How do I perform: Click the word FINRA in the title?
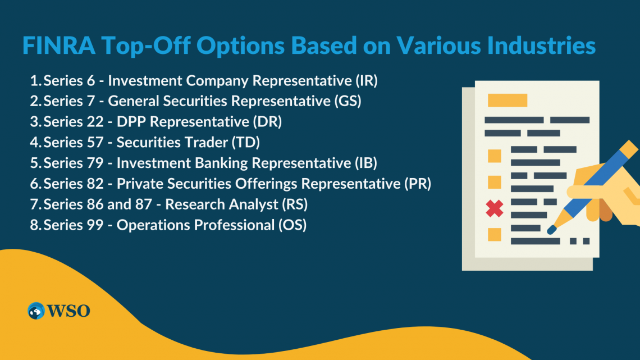click(59, 45)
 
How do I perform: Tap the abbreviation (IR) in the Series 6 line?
click(366, 81)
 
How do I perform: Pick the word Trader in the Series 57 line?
click(206, 143)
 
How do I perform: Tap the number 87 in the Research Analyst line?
click(144, 204)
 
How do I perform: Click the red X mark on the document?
click(494, 208)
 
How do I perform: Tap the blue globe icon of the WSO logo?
click(36, 311)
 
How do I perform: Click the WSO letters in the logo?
click(68, 311)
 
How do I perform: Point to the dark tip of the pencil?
click(552, 230)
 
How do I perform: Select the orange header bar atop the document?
click(508, 100)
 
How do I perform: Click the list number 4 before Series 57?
click(34, 143)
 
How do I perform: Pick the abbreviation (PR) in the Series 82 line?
click(418, 184)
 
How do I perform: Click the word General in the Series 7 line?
click(133, 101)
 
